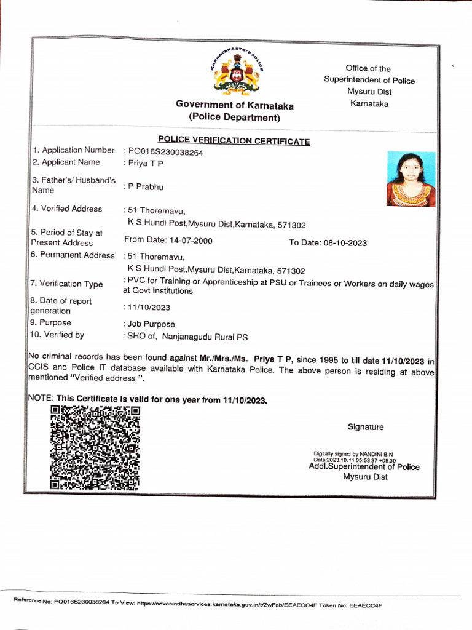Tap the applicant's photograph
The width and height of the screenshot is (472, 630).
(411, 179)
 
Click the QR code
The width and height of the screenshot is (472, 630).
(95, 447)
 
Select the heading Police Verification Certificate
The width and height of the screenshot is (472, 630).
(234, 141)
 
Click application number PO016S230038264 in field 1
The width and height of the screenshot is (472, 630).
(165, 152)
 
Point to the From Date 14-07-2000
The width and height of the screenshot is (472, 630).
(169, 241)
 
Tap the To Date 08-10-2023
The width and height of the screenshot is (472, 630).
(328, 242)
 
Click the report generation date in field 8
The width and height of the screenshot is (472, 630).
(149, 307)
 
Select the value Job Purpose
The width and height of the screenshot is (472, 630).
(151, 324)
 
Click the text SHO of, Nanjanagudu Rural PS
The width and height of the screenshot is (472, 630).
(187, 337)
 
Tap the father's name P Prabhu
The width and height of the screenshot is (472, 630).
(146, 186)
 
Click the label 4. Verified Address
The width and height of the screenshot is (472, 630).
(67, 209)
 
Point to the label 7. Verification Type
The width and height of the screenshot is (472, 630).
(67, 284)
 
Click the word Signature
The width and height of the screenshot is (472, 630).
(365, 427)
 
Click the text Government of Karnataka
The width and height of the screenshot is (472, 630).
(234, 105)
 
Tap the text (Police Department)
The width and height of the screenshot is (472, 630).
(234, 117)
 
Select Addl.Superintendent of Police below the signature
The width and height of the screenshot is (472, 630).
(364, 467)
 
